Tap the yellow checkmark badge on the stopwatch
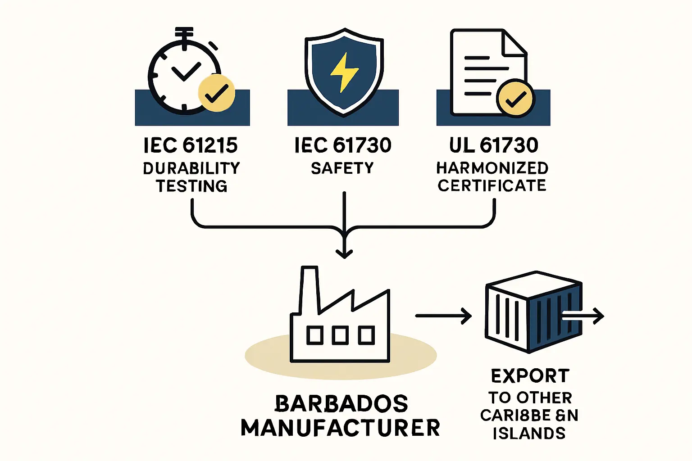(x=217, y=93)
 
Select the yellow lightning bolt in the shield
(x=344, y=72)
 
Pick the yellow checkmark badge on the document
(x=515, y=98)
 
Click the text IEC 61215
(x=191, y=145)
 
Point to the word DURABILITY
(x=191, y=168)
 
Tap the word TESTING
(x=191, y=186)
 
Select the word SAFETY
(x=342, y=168)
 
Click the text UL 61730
(x=494, y=145)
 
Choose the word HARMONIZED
(x=492, y=168)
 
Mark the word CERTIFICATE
(x=492, y=185)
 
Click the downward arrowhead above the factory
(x=344, y=253)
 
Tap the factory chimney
(x=309, y=288)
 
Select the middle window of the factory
(x=340, y=335)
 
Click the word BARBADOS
(x=341, y=404)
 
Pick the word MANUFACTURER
(x=340, y=428)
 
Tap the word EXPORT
(x=530, y=376)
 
